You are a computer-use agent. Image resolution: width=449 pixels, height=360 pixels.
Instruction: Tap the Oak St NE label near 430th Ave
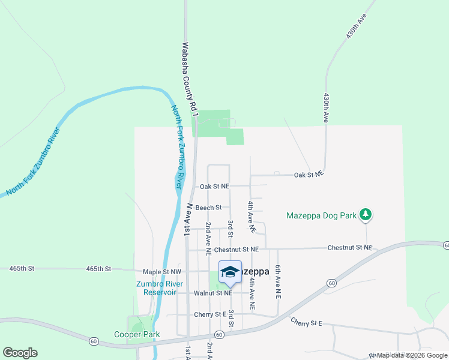(x=309, y=174)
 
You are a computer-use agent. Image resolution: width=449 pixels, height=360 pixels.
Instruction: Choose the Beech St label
(x=208, y=208)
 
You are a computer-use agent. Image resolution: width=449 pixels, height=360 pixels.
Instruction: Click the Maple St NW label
(x=161, y=272)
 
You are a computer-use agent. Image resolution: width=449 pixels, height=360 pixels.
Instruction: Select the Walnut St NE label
(x=213, y=293)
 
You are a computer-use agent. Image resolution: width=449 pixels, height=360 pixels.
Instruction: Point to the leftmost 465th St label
(x=22, y=269)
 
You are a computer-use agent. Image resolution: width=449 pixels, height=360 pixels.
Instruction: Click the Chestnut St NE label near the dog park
(x=350, y=247)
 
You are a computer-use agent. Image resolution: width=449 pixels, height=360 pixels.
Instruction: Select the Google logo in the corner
(x=20, y=353)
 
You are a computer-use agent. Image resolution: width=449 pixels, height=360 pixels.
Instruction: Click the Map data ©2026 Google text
(x=412, y=356)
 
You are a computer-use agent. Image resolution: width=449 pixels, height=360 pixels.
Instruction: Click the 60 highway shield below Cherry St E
(x=218, y=334)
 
